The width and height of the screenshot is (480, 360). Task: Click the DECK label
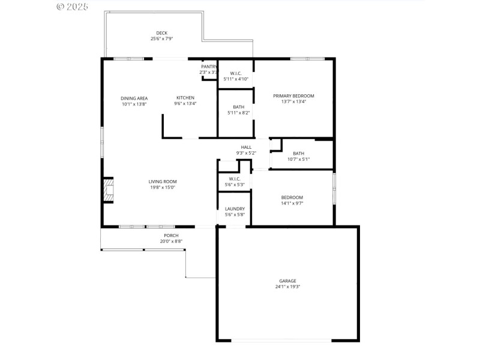(161, 33)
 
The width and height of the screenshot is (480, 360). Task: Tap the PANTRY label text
(209, 67)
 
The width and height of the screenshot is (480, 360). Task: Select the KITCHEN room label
(185, 98)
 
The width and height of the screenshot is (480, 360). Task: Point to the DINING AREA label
(134, 98)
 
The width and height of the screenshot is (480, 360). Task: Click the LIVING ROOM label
(163, 181)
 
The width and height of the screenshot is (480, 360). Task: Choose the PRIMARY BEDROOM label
(293, 95)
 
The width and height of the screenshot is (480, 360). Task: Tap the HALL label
(246, 147)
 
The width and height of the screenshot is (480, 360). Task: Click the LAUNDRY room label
(235, 209)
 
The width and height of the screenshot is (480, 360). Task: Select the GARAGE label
(287, 281)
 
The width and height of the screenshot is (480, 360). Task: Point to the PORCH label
(171, 235)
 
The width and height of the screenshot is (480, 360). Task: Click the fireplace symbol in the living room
(108, 191)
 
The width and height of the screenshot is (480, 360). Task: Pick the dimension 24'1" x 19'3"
(287, 287)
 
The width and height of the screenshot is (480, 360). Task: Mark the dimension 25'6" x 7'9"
(161, 39)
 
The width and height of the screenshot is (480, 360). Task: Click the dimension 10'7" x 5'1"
(298, 159)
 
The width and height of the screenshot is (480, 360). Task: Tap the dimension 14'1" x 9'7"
(292, 203)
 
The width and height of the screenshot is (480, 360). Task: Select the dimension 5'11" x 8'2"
(238, 113)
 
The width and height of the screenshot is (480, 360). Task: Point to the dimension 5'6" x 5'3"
(234, 184)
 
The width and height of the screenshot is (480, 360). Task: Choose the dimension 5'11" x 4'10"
(236, 79)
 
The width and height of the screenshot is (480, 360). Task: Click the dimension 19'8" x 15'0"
(163, 187)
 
